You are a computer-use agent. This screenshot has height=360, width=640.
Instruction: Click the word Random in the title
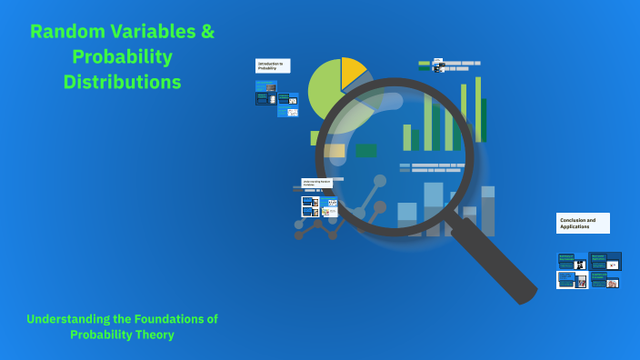(64, 31)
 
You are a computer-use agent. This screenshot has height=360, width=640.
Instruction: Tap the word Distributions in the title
(122, 82)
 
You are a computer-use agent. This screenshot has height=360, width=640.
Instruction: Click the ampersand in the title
(207, 31)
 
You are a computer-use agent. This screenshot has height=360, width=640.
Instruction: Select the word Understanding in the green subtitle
(68, 318)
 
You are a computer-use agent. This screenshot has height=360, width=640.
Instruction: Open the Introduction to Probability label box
(273, 65)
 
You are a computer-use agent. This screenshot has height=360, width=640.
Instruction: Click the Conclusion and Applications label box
(583, 223)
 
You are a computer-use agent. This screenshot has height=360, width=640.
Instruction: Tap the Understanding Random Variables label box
(317, 183)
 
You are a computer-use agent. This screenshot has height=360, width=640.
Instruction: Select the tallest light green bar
(478, 109)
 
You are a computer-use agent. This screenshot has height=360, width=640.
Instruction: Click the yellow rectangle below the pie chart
(334, 151)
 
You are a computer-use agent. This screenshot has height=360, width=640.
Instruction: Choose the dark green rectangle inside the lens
(366, 151)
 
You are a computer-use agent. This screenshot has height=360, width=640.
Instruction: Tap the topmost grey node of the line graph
(379, 181)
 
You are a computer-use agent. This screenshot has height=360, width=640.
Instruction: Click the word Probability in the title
(122, 56)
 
